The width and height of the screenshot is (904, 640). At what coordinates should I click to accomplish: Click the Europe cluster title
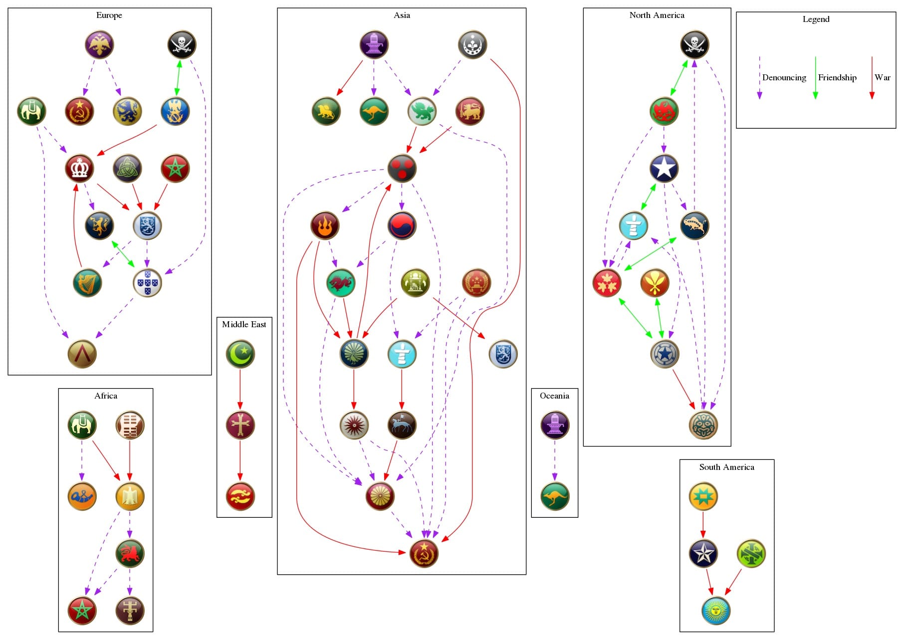[109, 15]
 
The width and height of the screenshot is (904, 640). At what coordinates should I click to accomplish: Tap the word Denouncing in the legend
[784, 77]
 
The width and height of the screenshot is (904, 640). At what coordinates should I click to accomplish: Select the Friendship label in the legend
[837, 77]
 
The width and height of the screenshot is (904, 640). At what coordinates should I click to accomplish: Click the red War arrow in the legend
[872, 77]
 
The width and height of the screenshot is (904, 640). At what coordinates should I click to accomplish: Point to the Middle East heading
[244, 324]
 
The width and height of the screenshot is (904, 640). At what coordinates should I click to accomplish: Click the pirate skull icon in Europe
[182, 44]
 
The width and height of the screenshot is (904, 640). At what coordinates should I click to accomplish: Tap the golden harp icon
[87, 283]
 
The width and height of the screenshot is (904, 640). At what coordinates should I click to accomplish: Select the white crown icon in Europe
[79, 168]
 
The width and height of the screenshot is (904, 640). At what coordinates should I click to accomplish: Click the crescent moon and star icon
[240, 354]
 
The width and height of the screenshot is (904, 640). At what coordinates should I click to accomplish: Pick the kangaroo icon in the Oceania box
[554, 496]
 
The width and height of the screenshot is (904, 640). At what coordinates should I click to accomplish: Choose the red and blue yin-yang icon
[402, 225]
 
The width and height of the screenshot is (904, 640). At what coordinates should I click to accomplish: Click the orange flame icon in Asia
[325, 225]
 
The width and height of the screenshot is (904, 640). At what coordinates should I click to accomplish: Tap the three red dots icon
[402, 168]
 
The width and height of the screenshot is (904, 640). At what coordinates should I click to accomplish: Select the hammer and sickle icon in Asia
[424, 553]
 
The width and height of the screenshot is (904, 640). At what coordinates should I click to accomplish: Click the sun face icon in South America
[715, 611]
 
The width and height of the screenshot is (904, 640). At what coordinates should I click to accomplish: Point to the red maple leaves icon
[607, 283]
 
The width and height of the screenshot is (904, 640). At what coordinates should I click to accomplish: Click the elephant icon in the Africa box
[82, 425]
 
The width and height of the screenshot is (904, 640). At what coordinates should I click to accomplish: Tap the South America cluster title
[726, 467]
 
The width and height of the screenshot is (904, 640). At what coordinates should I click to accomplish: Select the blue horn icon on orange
[82, 496]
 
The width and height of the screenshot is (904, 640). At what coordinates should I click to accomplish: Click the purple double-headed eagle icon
[99, 44]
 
